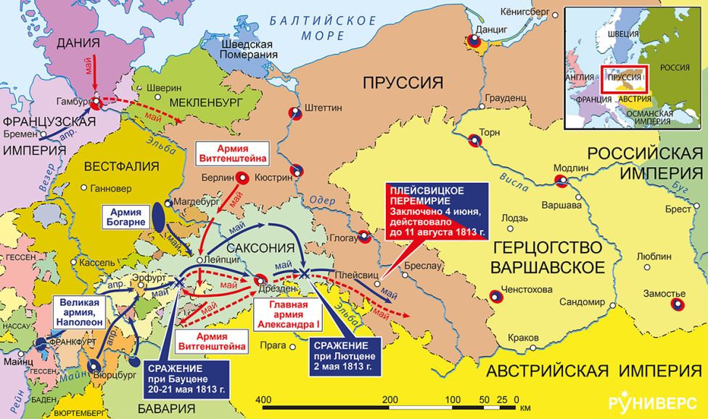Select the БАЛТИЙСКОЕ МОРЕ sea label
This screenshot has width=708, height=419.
(x=322, y=27)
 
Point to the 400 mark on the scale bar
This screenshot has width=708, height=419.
(x=263, y=400)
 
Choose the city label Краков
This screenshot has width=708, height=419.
(x=523, y=339)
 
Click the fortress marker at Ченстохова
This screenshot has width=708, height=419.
(x=496, y=296)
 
